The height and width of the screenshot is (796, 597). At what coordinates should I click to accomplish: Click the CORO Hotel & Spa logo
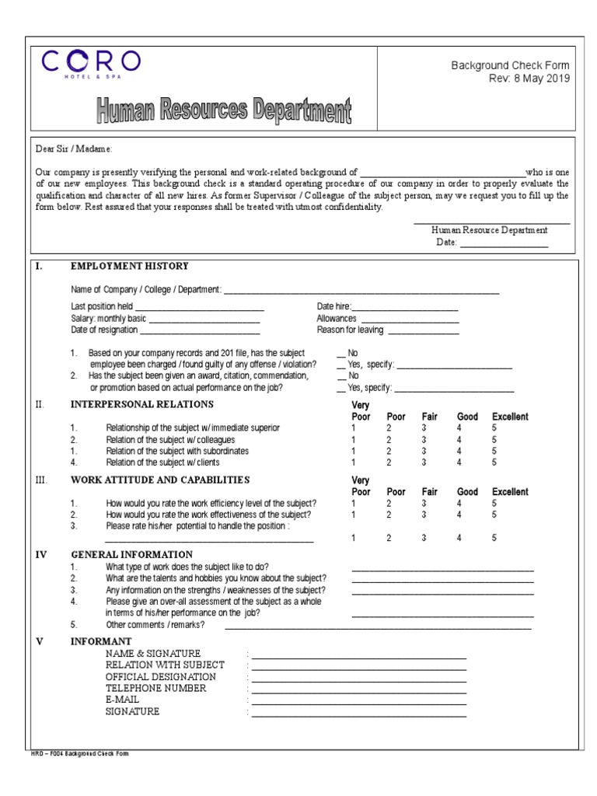click(92, 64)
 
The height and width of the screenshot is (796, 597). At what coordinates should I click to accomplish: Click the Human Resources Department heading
click(224, 110)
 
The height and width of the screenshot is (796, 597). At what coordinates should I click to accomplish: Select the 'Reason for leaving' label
click(350, 330)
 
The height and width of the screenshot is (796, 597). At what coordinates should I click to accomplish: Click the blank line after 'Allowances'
click(410, 319)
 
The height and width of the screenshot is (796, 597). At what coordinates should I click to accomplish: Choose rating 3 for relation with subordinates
click(424, 451)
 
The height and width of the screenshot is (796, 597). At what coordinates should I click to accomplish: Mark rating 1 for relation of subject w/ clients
click(354, 462)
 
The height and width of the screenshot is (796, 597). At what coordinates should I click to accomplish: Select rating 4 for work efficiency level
click(459, 503)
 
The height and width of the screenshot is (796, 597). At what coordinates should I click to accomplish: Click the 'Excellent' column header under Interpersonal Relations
click(510, 417)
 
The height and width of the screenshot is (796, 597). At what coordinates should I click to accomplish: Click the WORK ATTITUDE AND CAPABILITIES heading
click(160, 480)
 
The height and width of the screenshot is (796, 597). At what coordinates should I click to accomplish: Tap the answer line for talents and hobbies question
click(442, 580)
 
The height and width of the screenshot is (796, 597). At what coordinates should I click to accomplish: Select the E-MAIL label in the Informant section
click(123, 700)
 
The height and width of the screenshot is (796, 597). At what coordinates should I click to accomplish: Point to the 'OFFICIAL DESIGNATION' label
click(161, 676)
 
